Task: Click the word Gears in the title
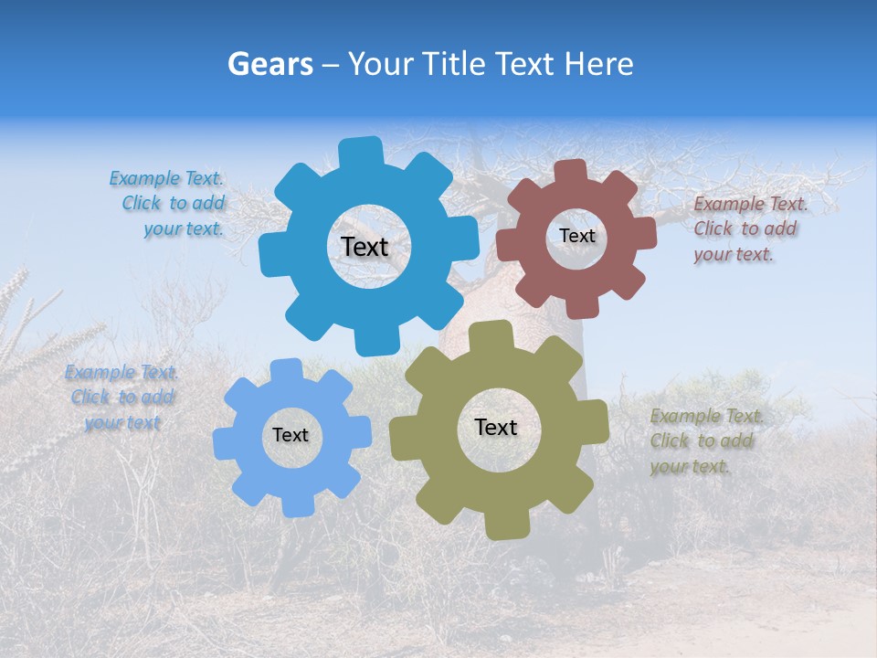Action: pyautogui.click(x=269, y=64)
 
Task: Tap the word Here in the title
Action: pyautogui.click(x=598, y=64)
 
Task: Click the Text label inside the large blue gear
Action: pyautogui.click(x=365, y=247)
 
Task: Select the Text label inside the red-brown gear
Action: pyautogui.click(x=576, y=236)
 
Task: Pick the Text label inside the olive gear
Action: pyautogui.click(x=496, y=427)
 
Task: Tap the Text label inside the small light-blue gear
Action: pyautogui.click(x=291, y=435)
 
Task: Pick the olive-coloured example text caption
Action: pyautogui.click(x=704, y=441)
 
